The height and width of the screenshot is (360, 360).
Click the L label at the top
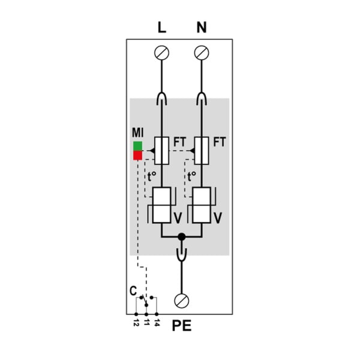pyautogui.click(x=162, y=28)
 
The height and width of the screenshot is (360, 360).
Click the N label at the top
pyautogui.click(x=202, y=28)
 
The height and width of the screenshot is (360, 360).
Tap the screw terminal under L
pyautogui.click(x=161, y=53)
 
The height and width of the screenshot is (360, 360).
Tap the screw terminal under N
pyautogui.click(x=202, y=53)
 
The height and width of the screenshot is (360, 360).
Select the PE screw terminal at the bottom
pyautogui.click(x=182, y=301)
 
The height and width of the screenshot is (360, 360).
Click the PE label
pyautogui.click(x=182, y=326)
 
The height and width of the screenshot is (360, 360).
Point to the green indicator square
pyautogui.click(x=138, y=146)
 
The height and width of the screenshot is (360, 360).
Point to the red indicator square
pyautogui.click(x=138, y=155)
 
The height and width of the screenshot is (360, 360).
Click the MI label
pyautogui.click(x=137, y=133)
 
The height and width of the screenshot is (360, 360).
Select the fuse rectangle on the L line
pyautogui.click(x=161, y=151)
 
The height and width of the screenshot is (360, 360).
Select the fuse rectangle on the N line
pyautogui.click(x=202, y=151)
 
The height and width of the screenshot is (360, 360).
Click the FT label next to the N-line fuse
pyautogui.click(x=220, y=142)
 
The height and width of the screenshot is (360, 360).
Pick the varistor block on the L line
pyautogui.click(x=161, y=205)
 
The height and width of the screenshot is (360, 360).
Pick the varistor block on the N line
pyautogui.click(x=202, y=205)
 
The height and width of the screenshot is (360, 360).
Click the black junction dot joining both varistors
pyautogui.click(x=182, y=237)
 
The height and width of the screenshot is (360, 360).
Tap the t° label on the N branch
pyautogui.click(x=192, y=176)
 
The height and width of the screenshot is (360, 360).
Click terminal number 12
pyautogui.click(x=136, y=323)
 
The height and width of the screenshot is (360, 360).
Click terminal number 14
pyautogui.click(x=157, y=323)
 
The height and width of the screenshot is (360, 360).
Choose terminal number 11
pyautogui.click(x=146, y=323)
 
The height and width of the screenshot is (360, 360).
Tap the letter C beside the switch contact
pyautogui.click(x=133, y=291)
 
